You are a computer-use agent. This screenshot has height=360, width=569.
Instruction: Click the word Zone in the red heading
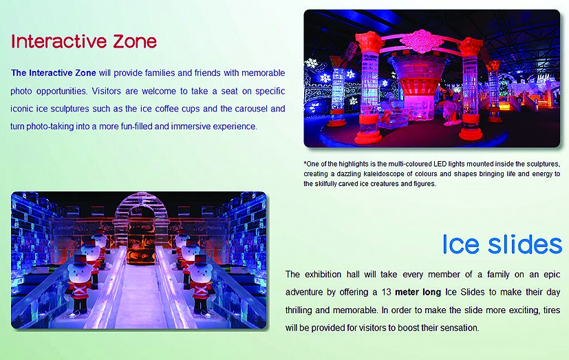134,41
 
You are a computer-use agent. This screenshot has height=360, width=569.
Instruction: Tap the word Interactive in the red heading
59,41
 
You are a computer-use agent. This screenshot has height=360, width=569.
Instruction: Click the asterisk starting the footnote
305,163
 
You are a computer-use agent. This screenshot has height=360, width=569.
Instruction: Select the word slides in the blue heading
525,244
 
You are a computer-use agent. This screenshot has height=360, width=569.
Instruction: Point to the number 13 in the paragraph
386,292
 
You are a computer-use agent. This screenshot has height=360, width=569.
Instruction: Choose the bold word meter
407,292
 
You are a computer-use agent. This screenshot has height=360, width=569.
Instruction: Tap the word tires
552,310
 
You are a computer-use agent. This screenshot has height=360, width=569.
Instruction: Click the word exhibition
323,275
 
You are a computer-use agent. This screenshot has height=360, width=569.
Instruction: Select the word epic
552,275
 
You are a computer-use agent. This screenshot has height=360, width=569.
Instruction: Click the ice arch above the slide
139,203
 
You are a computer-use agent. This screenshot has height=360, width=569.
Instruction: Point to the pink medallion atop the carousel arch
421,41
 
